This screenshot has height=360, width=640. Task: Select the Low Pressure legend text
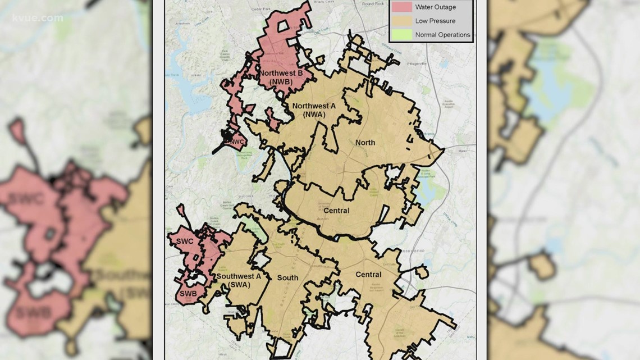435,21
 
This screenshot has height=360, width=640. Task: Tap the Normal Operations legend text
442,35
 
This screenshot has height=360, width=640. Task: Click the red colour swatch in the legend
401,7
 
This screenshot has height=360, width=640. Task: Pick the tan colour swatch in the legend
401,21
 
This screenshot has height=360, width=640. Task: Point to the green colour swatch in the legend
401,35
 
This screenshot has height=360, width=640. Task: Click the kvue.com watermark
38,18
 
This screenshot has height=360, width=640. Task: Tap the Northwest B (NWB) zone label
280,77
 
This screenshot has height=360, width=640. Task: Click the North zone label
365,143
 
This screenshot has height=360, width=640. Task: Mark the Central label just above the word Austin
336,211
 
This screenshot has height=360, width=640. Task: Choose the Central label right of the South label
368,275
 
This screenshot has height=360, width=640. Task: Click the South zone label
287,278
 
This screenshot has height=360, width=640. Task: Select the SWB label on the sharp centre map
187,294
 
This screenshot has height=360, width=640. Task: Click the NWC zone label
235,142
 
